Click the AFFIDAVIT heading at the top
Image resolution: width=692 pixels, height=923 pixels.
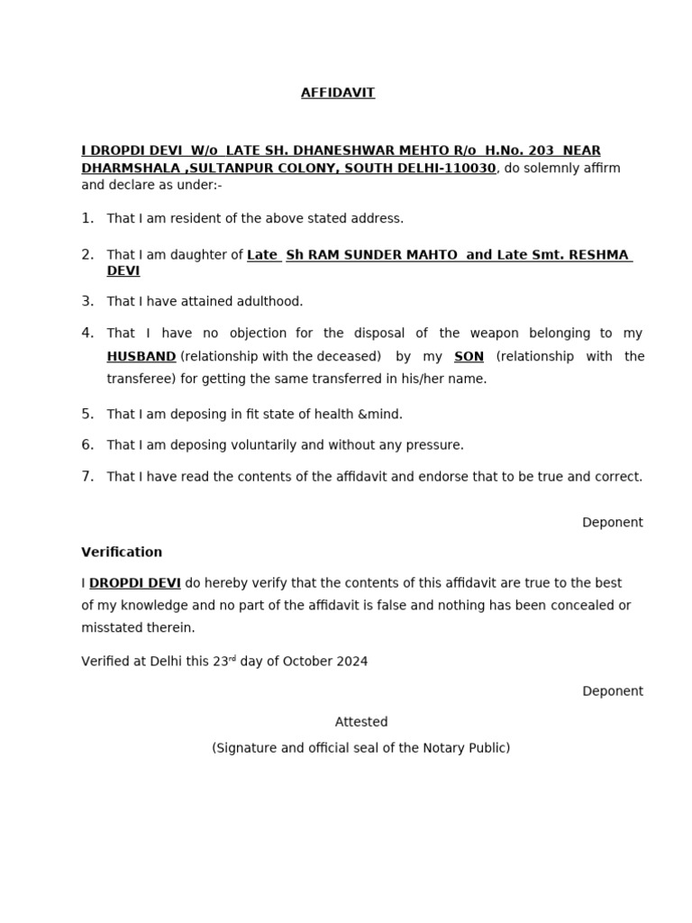[x=338, y=93]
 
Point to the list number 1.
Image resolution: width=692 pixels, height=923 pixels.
[x=87, y=218]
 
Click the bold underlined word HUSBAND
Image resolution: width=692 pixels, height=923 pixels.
[x=141, y=357]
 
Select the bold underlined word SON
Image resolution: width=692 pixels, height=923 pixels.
[x=469, y=357]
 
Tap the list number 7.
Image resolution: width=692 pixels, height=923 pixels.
[x=87, y=477]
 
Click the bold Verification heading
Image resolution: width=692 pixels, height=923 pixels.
[x=122, y=553]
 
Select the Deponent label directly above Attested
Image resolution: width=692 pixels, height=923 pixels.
[x=613, y=691]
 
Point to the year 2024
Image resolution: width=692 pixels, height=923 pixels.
[x=351, y=662]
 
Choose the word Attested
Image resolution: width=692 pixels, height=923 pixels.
[x=361, y=722]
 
